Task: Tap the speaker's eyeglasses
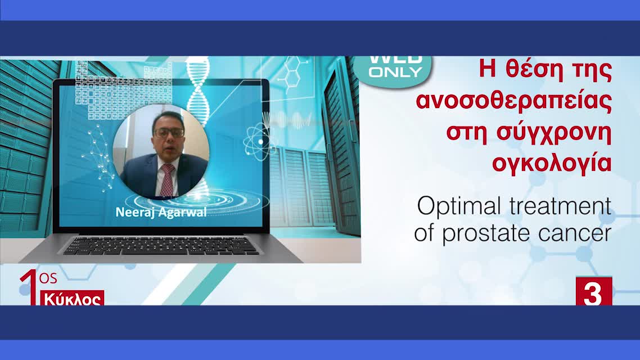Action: tap(169, 133)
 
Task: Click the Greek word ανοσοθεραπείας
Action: tap(513, 102)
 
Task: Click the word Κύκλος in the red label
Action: tap(73, 299)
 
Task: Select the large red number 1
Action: tap(29, 287)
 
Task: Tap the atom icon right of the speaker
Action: tap(259, 140)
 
